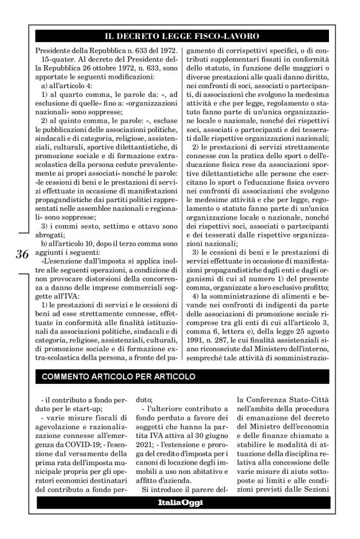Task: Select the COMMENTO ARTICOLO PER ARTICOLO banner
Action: coord(118,376)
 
